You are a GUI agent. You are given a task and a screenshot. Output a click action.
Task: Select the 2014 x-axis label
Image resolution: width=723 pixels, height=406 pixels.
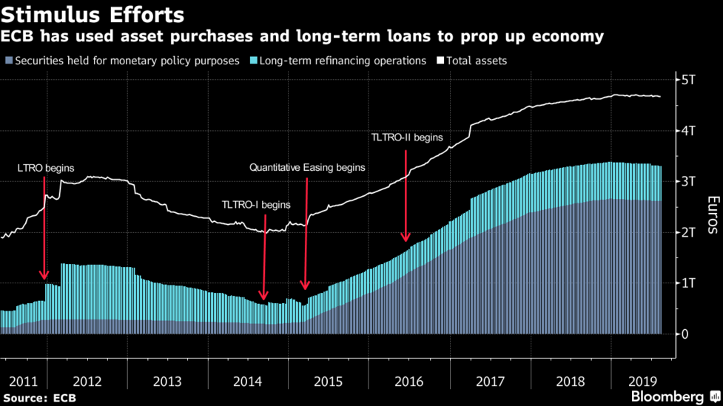[x=247, y=381]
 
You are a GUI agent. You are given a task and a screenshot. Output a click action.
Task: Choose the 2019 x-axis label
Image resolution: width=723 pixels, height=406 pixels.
[x=642, y=381]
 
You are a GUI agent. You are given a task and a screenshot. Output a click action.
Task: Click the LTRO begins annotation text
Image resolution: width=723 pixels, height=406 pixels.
[x=46, y=169]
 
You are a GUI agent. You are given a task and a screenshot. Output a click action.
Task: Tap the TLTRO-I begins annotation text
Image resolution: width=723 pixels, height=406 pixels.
[x=256, y=205]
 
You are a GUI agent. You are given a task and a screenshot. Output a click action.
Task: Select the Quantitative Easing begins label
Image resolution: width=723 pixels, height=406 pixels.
[x=307, y=168]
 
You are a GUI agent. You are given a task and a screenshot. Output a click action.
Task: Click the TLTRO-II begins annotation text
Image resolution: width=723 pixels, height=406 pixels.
[x=406, y=138]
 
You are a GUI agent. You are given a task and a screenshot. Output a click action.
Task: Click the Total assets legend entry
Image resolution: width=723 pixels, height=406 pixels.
[x=477, y=61]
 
